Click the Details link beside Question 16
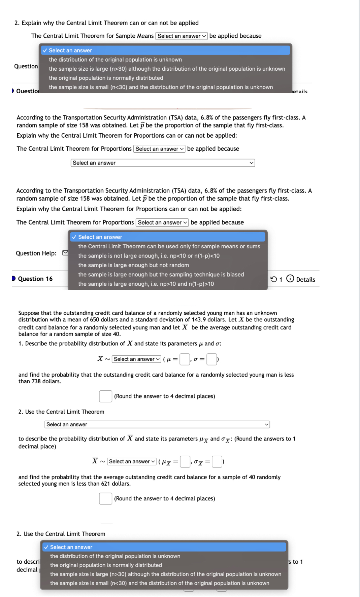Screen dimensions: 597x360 (x=305, y=279)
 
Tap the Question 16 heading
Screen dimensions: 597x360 (x=35, y=279)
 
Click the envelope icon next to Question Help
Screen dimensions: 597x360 (x=65, y=253)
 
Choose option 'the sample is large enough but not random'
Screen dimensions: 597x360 (x=133, y=265)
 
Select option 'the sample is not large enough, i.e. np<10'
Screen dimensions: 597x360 (x=149, y=256)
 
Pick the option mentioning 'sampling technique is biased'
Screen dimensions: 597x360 (x=161, y=275)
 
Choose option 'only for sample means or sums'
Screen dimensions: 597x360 (x=169, y=246)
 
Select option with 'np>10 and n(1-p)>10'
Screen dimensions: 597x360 (x=146, y=284)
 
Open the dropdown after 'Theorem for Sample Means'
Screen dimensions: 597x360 (x=182, y=36)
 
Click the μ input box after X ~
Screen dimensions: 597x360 (x=185, y=359)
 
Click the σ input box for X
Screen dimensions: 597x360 (x=211, y=359)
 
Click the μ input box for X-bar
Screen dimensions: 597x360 (x=185, y=461)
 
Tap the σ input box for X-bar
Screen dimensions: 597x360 (x=217, y=461)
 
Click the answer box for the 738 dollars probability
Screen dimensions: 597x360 (x=105, y=396)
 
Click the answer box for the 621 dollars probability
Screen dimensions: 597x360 (x=105, y=498)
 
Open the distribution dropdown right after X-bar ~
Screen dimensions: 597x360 (x=132, y=461)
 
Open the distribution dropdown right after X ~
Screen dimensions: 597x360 (x=136, y=359)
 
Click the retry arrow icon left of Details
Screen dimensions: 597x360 (x=274, y=279)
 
